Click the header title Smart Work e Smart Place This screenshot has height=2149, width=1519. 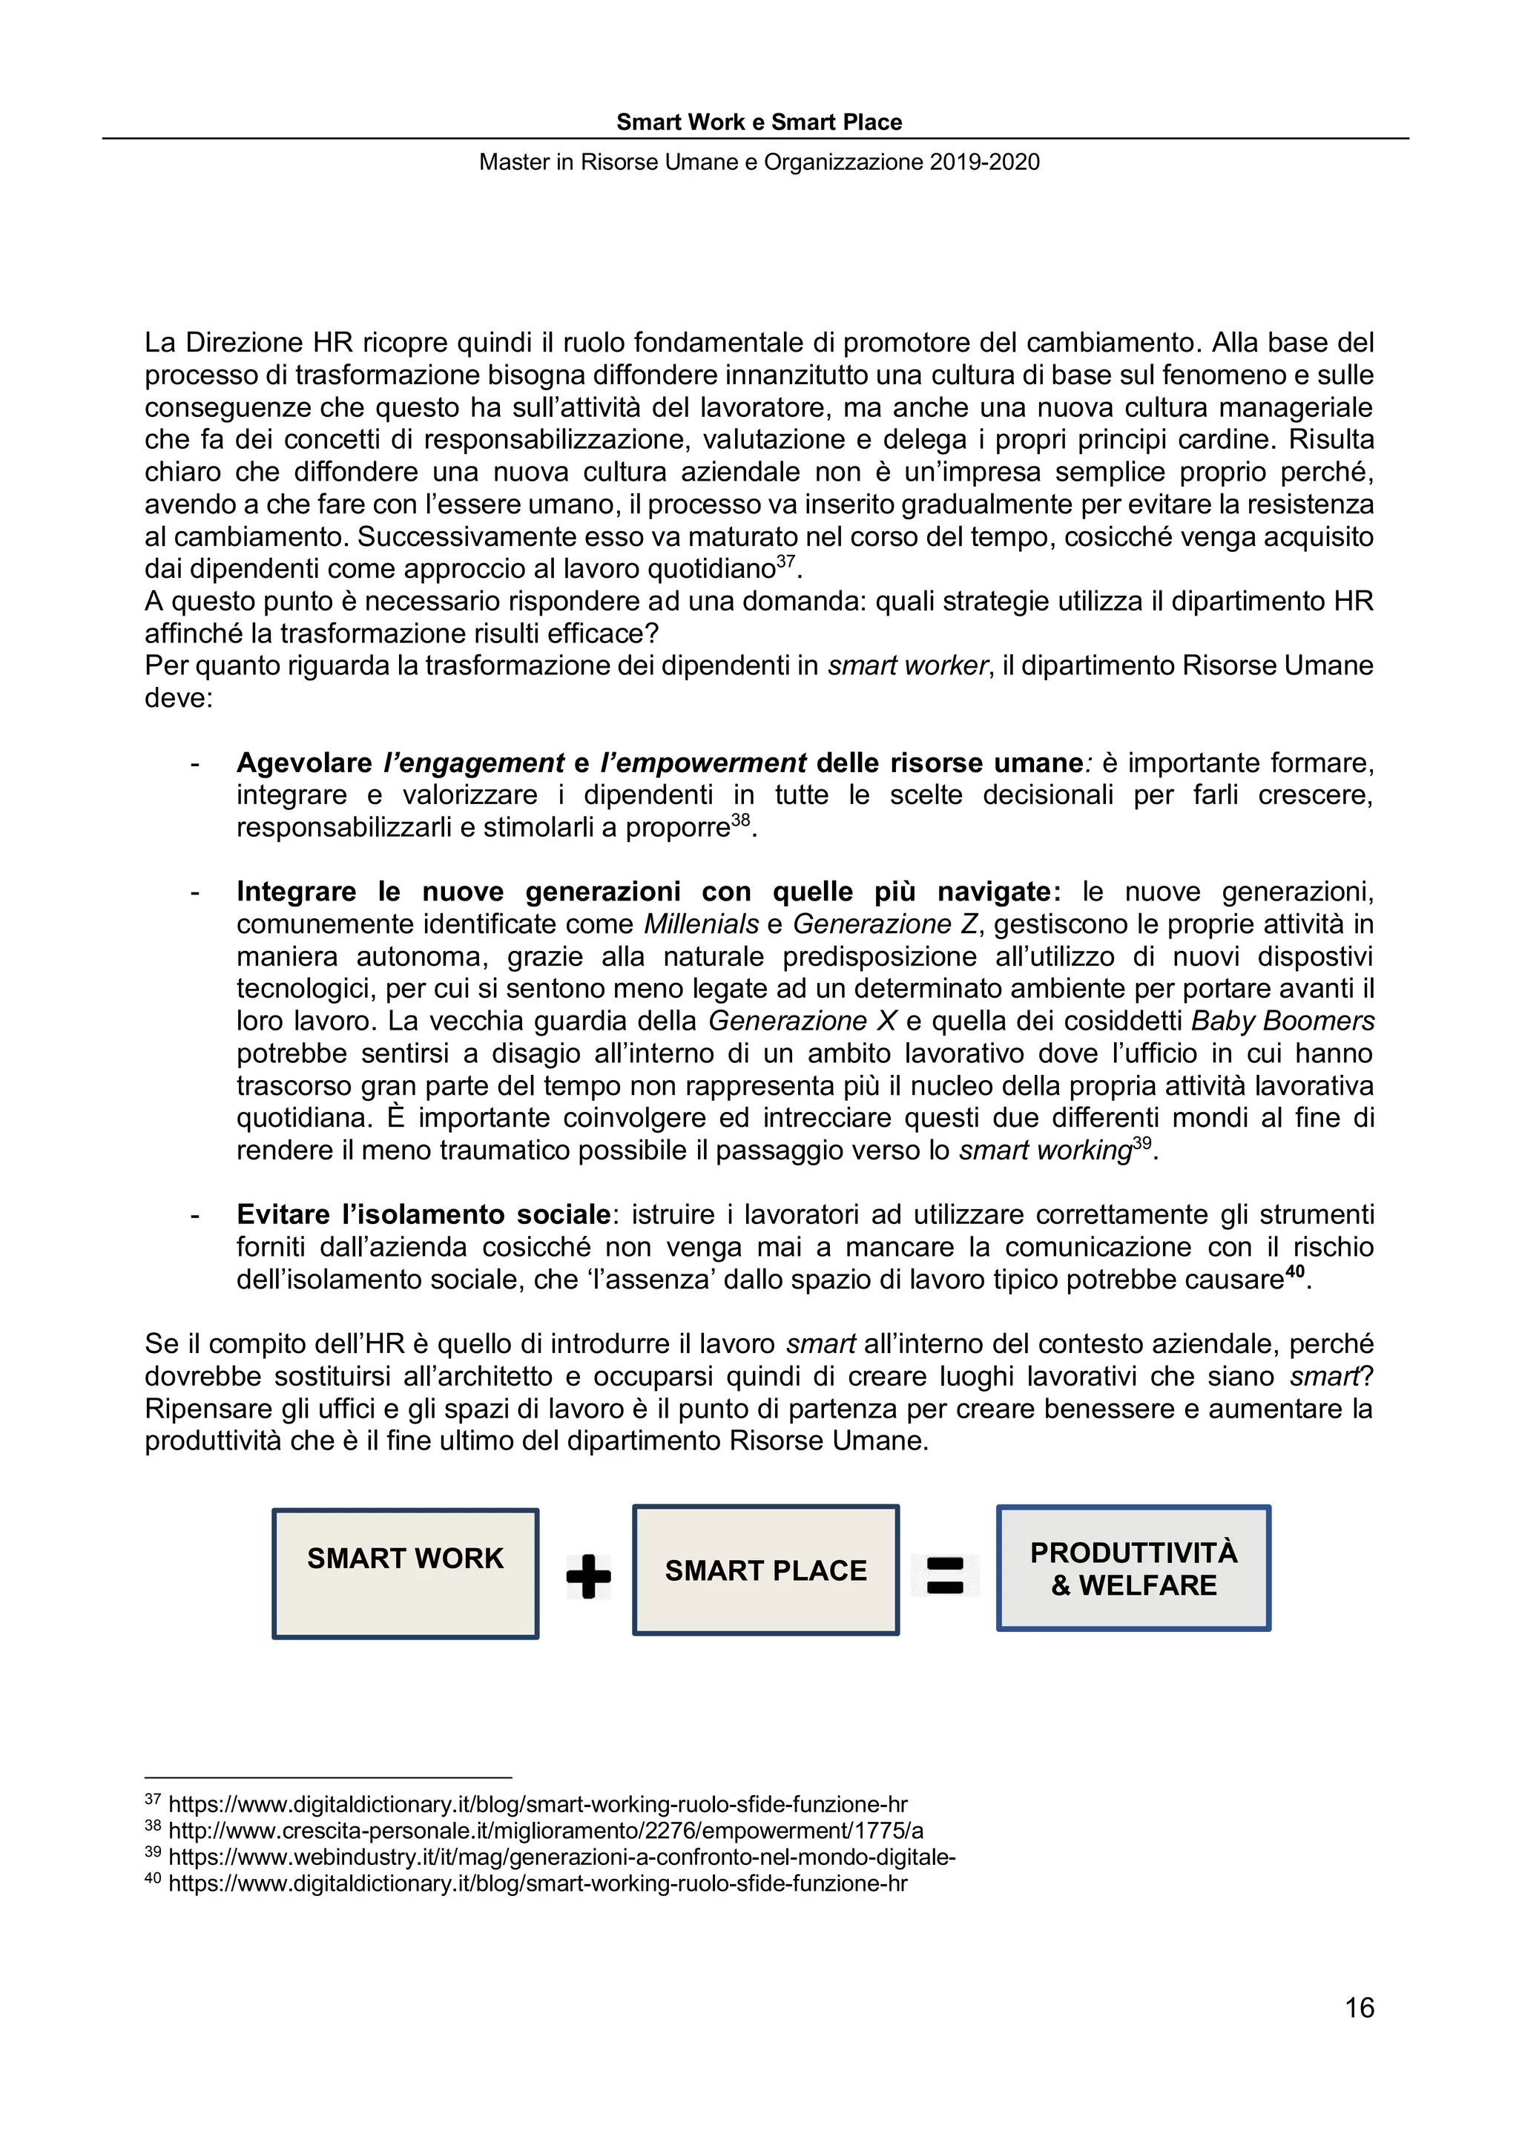click(759, 122)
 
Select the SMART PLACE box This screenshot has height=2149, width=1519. click(765, 1570)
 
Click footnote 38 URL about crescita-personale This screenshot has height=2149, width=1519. click(546, 1831)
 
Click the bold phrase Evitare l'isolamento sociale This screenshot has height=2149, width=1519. click(423, 1215)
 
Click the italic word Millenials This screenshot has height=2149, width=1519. click(701, 925)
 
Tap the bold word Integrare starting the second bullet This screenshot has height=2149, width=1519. click(296, 892)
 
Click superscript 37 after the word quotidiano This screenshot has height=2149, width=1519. click(786, 562)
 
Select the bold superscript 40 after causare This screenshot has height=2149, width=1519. click(1294, 1272)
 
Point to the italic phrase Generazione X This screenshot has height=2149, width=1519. click(802, 1021)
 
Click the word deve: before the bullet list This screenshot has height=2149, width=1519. click(179, 698)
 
